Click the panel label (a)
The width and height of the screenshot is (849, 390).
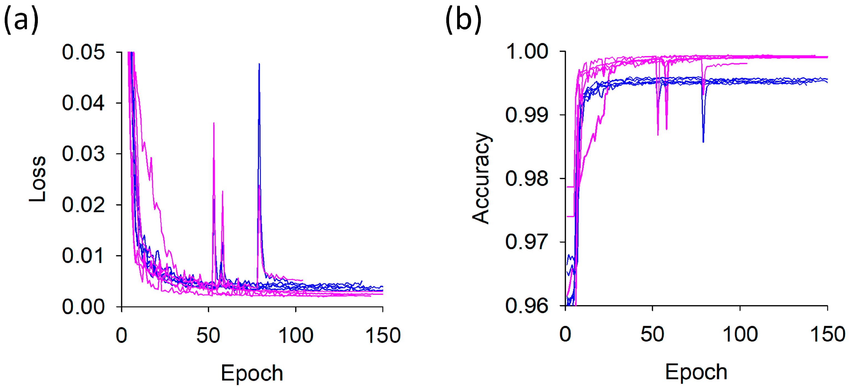(x=21, y=21)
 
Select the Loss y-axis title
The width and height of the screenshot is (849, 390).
(x=37, y=179)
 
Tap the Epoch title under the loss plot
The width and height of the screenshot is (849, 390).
(x=252, y=373)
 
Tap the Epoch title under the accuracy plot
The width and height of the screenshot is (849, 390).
(x=696, y=372)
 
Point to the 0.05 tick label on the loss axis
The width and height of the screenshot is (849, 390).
(x=83, y=52)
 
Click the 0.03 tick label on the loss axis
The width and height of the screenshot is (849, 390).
(x=83, y=154)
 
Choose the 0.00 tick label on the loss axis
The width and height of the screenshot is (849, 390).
(x=83, y=307)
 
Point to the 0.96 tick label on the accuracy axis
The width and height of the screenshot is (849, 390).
(x=527, y=306)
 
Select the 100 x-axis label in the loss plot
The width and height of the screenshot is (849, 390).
(x=295, y=336)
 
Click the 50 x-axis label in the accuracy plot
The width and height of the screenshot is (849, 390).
(x=652, y=335)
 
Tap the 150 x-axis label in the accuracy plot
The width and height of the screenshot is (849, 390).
(x=828, y=335)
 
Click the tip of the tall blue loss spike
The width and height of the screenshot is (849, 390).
(x=259, y=64)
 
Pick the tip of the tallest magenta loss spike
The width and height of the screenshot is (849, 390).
(x=214, y=123)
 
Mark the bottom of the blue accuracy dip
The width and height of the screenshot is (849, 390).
(x=703, y=142)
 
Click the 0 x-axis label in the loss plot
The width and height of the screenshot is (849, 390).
(x=122, y=336)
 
